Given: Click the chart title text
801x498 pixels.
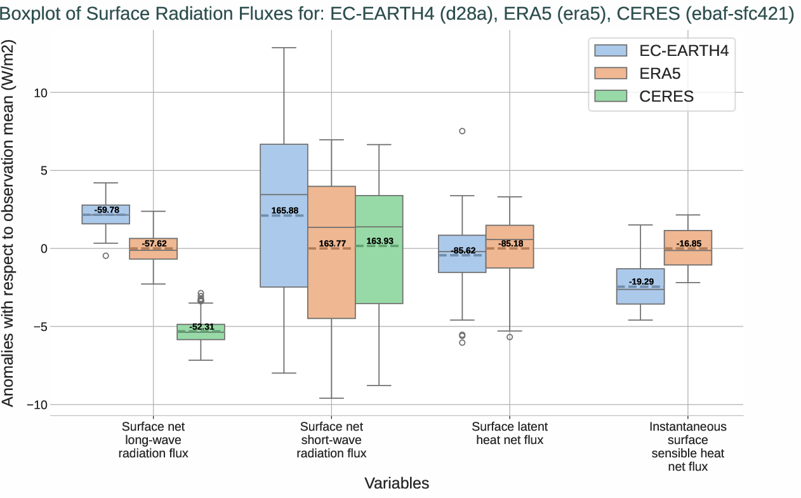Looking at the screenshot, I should click(397, 15).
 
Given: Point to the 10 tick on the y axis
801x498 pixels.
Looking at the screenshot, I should click(41, 93).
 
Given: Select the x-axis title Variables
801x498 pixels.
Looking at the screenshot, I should click(397, 483).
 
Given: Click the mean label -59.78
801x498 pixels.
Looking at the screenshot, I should click(106, 210).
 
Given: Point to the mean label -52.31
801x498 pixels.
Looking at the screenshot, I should click(201, 326).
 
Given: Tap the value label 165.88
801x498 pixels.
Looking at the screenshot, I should click(284, 210).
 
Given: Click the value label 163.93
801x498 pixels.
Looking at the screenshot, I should click(380, 241).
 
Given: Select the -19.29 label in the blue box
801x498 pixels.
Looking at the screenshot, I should click(641, 281).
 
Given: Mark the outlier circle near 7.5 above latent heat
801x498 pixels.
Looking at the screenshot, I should click(462, 131).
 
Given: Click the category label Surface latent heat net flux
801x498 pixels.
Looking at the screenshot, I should click(510, 433).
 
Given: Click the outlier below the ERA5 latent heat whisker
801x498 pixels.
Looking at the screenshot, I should click(510, 337).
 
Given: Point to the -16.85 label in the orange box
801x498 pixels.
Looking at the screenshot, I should click(689, 243).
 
